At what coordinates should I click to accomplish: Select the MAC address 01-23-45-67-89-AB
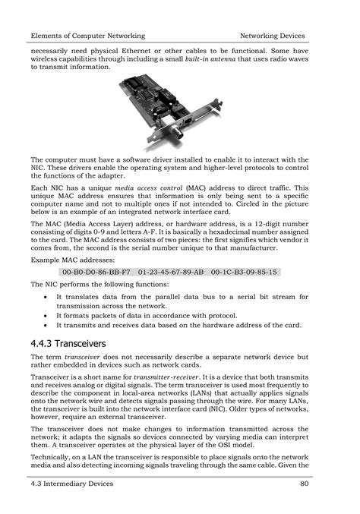[172, 271]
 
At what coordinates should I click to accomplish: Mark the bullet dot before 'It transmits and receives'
[47, 325]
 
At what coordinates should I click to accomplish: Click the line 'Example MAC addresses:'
[72, 259]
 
